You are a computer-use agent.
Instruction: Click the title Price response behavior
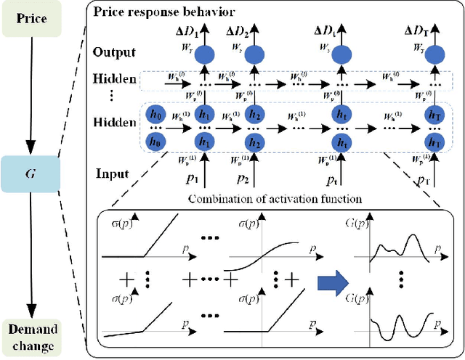click(x=158, y=12)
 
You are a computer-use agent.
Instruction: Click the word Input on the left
click(x=112, y=175)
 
